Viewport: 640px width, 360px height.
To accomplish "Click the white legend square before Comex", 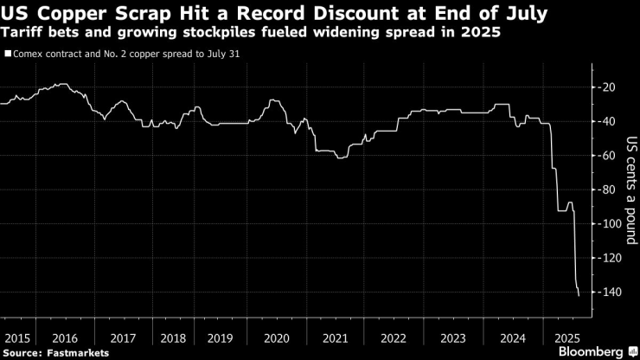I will [7, 54].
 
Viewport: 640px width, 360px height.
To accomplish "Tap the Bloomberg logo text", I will [590, 351].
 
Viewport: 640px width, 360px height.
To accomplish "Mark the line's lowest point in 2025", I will [578, 296].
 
